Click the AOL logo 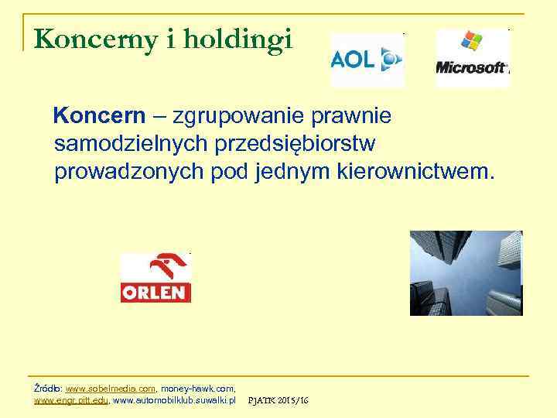point(367,60)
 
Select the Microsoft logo point(472,58)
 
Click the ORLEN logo point(155,277)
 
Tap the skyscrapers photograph point(466,272)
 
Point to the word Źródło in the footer point(49,388)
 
